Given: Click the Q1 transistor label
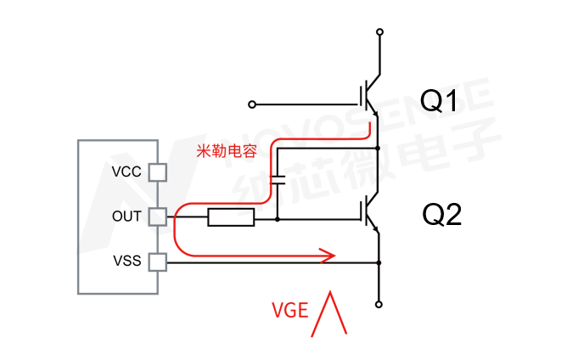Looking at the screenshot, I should pyautogui.click(x=441, y=103).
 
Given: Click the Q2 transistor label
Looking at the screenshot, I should pyautogui.click(x=441, y=215).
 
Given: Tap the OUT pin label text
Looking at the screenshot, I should pyautogui.click(x=127, y=217).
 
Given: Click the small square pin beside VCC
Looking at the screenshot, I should pyautogui.click(x=158, y=172).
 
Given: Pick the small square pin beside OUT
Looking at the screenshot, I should pyautogui.click(x=158, y=217).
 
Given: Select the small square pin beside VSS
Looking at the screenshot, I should pyautogui.click(x=158, y=262).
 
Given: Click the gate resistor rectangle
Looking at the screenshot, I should pyautogui.click(x=231, y=218).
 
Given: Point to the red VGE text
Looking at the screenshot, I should pyautogui.click(x=289, y=310).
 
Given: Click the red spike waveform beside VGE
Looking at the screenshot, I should pyautogui.click(x=331, y=314).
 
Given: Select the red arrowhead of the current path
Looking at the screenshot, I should pyautogui.click(x=327, y=254).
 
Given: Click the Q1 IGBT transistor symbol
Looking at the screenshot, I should pyautogui.click(x=370, y=98).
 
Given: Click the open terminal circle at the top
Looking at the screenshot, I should pyautogui.click(x=379, y=32).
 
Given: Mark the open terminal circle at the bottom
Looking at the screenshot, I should pyautogui.click(x=379, y=302).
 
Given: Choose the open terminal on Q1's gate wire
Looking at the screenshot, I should pyautogui.click(x=251, y=104).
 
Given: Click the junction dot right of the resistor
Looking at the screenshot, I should pyautogui.click(x=278, y=218).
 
